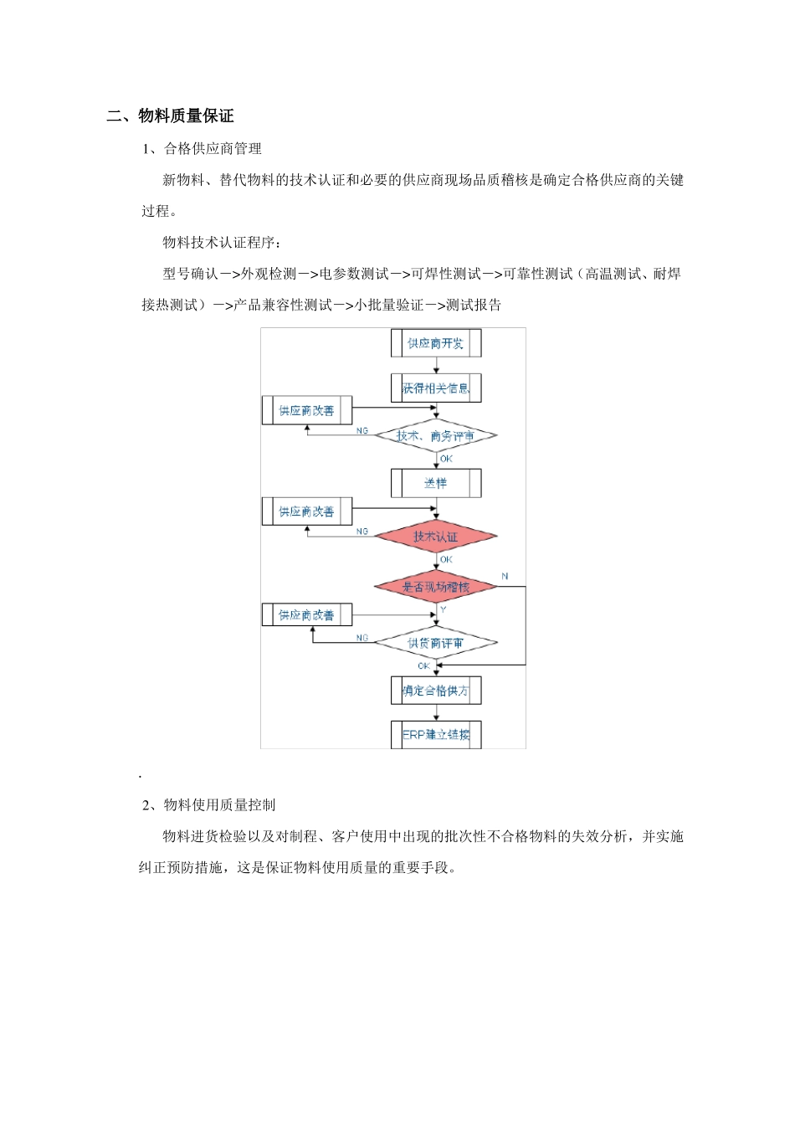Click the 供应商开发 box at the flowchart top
pyautogui.click(x=435, y=343)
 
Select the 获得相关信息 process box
pyautogui.click(x=435, y=388)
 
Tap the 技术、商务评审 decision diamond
pyautogui.click(x=435, y=436)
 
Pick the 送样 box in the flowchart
pyautogui.click(x=435, y=483)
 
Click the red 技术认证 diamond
pyautogui.click(x=435, y=537)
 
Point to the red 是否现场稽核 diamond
pyautogui.click(x=435, y=588)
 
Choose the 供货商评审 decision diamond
pyautogui.click(x=435, y=643)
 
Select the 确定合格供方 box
pyautogui.click(x=435, y=691)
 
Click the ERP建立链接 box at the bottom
pyautogui.click(x=435, y=735)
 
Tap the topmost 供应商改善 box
pyautogui.click(x=306, y=411)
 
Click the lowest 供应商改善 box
pyautogui.click(x=306, y=615)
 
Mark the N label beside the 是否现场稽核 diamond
pyautogui.click(x=505, y=576)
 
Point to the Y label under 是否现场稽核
pyautogui.click(x=443, y=609)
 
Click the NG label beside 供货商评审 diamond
pyautogui.click(x=362, y=638)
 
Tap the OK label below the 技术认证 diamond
pyautogui.click(x=446, y=559)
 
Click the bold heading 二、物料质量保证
pyautogui.click(x=170, y=116)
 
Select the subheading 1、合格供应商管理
pyautogui.click(x=202, y=149)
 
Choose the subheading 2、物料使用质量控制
pyautogui.click(x=208, y=805)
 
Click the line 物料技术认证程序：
pyautogui.click(x=223, y=243)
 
